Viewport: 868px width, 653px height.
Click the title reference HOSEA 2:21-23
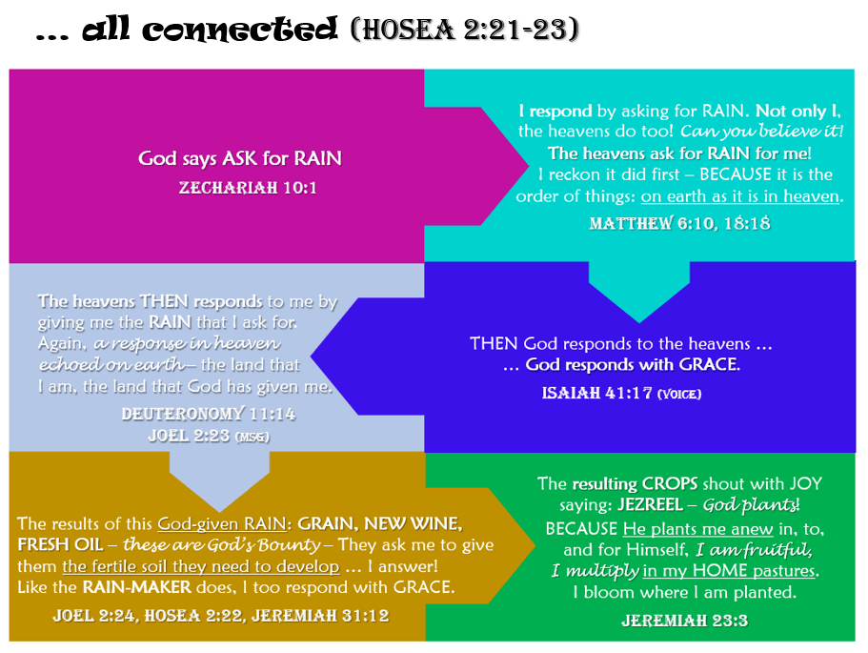tap(465, 31)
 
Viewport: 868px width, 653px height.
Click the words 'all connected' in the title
tap(210, 31)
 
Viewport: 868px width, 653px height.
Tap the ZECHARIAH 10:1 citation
tap(248, 188)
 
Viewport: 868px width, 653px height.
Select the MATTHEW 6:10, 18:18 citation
tap(679, 224)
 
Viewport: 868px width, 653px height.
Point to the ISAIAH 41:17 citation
tap(597, 393)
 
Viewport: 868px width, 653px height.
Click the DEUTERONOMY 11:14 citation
tap(208, 415)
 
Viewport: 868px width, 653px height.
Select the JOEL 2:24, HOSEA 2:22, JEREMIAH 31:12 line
tap(220, 615)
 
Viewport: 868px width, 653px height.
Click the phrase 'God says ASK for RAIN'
tap(239, 158)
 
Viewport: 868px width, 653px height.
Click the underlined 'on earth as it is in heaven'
tap(741, 197)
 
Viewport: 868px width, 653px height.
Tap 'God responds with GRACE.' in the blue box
tap(634, 365)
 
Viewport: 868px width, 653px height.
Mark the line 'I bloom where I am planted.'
tap(683, 593)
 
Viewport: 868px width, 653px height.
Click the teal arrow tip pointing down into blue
tap(639, 315)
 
